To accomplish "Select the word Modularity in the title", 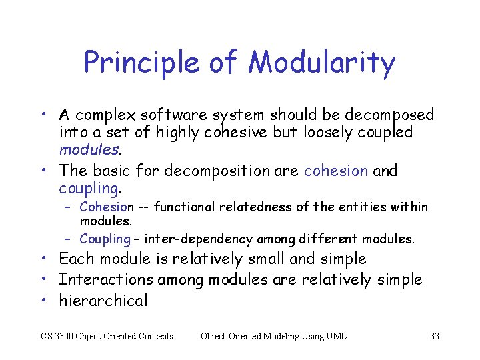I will click(x=322, y=63).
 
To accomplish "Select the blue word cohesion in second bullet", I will click(x=335, y=171).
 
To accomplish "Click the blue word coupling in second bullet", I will click(x=88, y=188).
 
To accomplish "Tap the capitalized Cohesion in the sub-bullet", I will click(x=107, y=207).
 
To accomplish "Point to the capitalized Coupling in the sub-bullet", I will click(x=105, y=239).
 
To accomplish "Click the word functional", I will click(x=180, y=207).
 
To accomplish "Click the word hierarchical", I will click(x=103, y=301).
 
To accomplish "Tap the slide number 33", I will click(x=434, y=336).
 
